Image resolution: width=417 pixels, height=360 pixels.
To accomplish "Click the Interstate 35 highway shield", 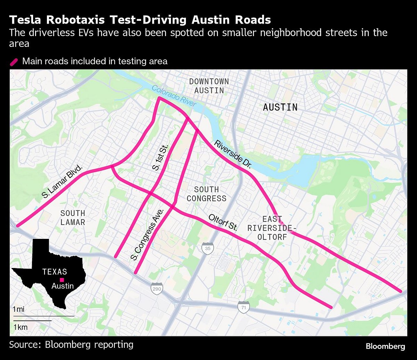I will pos(207,249).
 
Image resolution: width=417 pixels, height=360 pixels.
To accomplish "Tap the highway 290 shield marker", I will pos(157,288).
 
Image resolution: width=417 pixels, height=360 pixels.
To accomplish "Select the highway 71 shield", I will pos(244,307).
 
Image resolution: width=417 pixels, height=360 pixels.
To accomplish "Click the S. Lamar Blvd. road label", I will pos(62,182).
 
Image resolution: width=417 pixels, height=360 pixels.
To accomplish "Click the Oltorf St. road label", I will pos(223,223).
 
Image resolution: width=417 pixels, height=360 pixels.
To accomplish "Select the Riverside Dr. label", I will pos(232,154).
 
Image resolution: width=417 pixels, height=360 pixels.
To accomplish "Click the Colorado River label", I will pos(174,96).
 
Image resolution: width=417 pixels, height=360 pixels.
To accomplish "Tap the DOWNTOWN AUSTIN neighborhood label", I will pos(209,86).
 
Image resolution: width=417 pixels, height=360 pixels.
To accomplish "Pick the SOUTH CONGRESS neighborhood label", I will pos(206,194).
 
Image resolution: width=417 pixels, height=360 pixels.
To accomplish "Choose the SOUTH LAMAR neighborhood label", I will pos(73,218).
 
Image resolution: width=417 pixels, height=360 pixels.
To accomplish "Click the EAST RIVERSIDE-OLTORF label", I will pos(272,228).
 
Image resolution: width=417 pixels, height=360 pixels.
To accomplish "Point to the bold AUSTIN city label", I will pos(280,107).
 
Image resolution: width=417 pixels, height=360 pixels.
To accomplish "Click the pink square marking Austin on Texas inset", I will pos(62,280).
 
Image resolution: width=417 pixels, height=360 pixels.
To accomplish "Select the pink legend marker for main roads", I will pos(14,62).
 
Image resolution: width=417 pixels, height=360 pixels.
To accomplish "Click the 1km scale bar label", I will pos(21,327).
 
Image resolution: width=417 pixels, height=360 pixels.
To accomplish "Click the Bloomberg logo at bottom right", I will pos(385,346).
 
